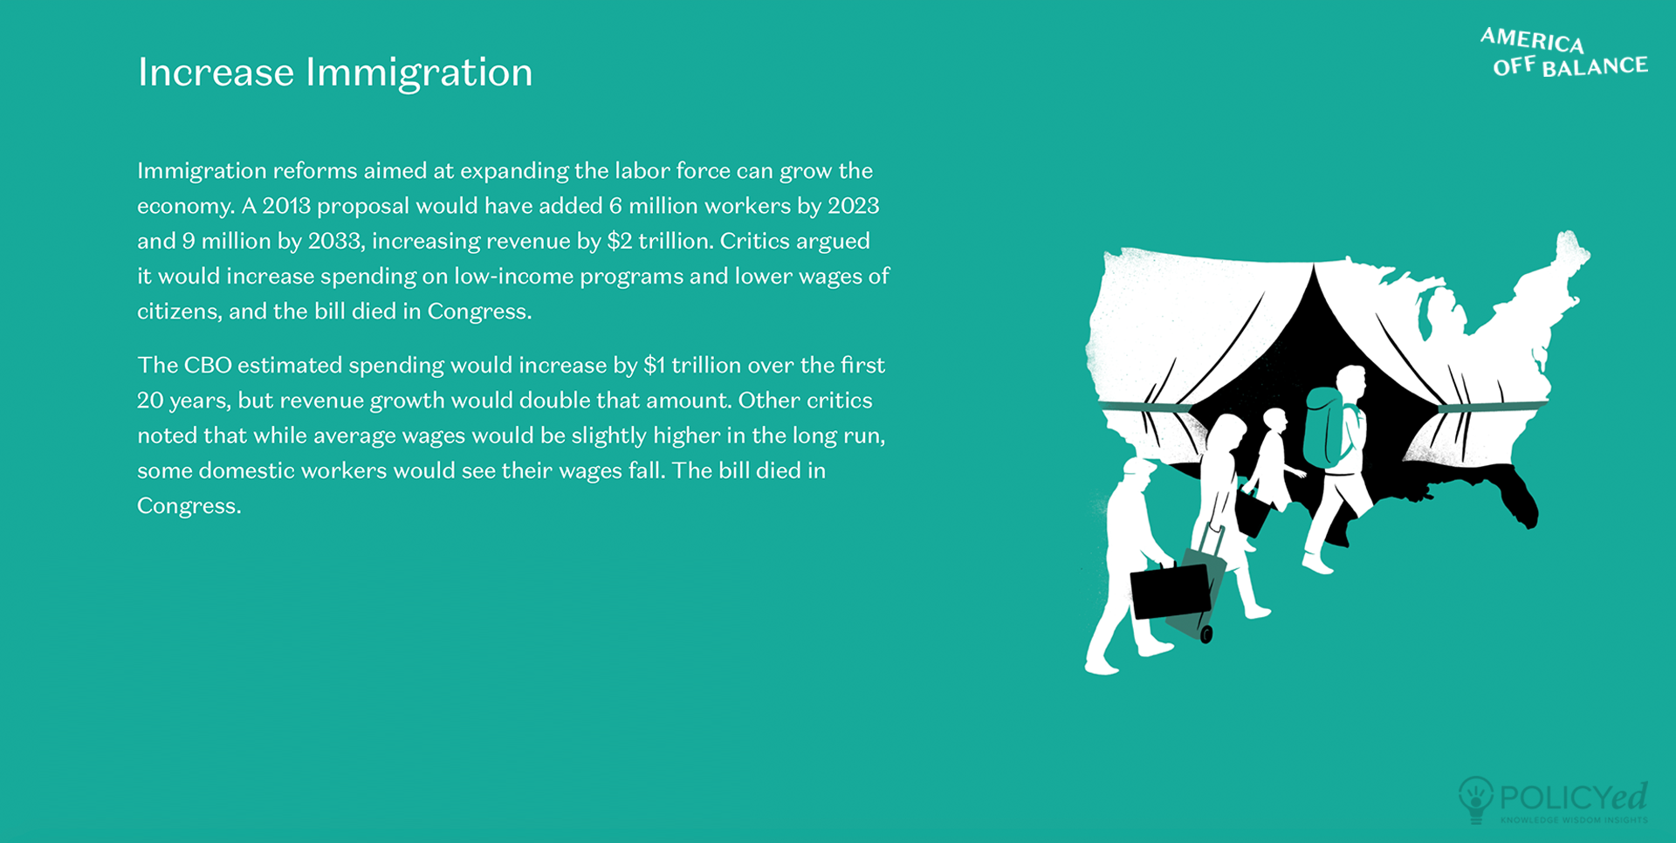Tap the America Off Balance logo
pyautogui.click(x=1564, y=52)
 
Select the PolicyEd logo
pyautogui.click(x=1553, y=800)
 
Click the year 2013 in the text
pyautogui.click(x=286, y=206)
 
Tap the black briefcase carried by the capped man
pyautogui.click(x=1171, y=590)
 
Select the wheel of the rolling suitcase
pyautogui.click(x=1206, y=634)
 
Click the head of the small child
pyautogui.click(x=1274, y=420)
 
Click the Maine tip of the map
pyautogui.click(x=1571, y=249)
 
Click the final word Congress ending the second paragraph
pyautogui.click(x=189, y=506)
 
